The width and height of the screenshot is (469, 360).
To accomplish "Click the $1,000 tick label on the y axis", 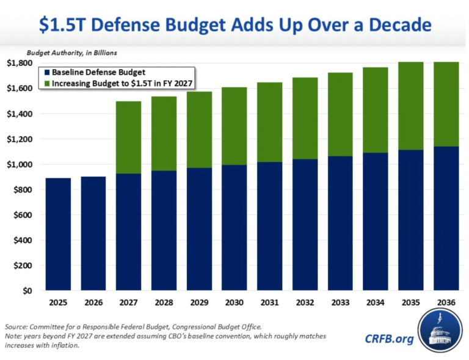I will (x=20, y=164).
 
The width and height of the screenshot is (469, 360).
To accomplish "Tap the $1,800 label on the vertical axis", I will (x=20, y=63).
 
